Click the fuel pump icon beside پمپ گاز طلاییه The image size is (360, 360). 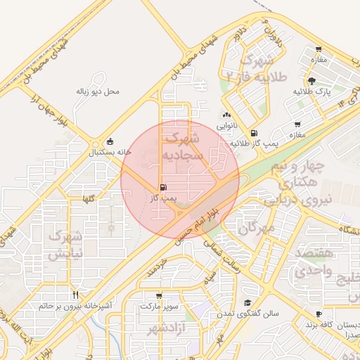(x=253, y=132)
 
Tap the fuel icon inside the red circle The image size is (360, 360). (x=164, y=188)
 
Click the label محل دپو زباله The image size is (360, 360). (x=98, y=91)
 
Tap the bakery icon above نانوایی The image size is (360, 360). (x=226, y=115)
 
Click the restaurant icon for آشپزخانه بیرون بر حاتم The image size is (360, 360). (x=75, y=295)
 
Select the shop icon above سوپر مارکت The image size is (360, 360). (x=159, y=296)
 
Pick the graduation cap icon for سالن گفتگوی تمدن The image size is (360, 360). (x=247, y=302)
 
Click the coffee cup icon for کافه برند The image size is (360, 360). (x=319, y=314)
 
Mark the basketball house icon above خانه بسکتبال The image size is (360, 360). (x=110, y=141)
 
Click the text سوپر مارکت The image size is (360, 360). (x=160, y=307)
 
